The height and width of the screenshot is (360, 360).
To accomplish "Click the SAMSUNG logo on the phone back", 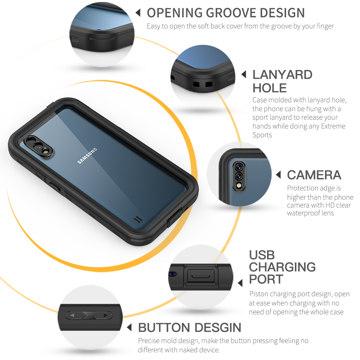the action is click(87, 156).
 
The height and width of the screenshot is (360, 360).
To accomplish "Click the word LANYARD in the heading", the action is click(282, 75).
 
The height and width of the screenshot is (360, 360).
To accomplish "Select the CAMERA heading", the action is click(314, 175).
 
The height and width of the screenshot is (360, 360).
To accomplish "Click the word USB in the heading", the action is click(262, 255).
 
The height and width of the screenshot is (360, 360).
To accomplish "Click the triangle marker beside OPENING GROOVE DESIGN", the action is click(138, 13).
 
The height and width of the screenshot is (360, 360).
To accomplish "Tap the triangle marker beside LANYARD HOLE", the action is click(244, 74).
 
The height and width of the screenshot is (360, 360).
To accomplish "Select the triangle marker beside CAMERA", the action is click(278, 175).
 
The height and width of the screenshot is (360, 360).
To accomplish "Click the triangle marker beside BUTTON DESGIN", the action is click(129, 327).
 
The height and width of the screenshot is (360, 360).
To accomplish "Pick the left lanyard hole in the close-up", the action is click(196, 84).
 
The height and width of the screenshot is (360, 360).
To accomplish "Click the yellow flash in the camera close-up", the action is click(239, 185).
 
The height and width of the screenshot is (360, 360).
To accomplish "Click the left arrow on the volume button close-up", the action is click(72, 315).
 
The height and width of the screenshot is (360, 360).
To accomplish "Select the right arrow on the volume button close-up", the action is click(106, 315).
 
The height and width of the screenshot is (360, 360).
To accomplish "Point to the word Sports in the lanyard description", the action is click(262, 135).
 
